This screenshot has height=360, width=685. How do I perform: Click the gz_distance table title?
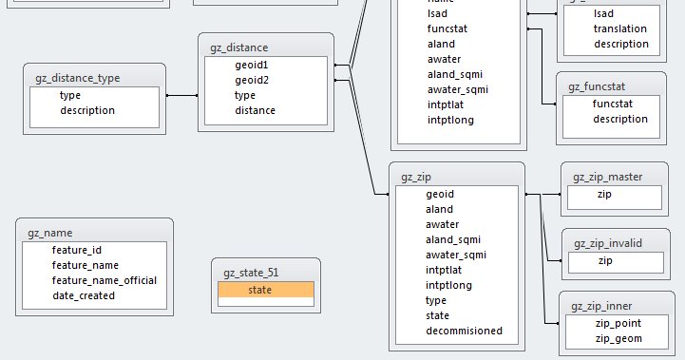[238, 47]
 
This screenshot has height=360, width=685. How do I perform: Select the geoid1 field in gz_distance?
[252, 65]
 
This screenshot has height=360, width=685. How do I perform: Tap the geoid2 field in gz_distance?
[252, 80]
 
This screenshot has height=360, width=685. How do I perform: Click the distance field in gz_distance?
[256, 110]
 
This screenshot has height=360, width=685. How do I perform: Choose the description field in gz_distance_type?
[87, 110]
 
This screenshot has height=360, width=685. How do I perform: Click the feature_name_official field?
[105, 280]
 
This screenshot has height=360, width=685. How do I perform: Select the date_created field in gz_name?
[84, 295]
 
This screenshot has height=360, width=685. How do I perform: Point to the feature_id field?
[77, 250]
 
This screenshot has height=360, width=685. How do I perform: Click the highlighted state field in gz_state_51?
[259, 290]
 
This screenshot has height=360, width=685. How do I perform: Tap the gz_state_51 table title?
[251, 273]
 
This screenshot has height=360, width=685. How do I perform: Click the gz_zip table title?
[417, 177]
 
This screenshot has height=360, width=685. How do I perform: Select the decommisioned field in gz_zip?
[465, 331]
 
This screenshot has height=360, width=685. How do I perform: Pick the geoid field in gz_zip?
[440, 194]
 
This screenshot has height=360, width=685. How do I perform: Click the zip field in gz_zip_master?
[604, 194]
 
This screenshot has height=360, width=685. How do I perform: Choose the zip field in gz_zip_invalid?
[605, 260]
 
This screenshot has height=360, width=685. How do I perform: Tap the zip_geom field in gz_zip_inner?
[618, 338]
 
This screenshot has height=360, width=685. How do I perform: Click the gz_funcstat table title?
[597, 86]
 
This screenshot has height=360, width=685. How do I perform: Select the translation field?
[620, 28]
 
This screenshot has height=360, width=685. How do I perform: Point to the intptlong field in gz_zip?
[449, 285]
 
